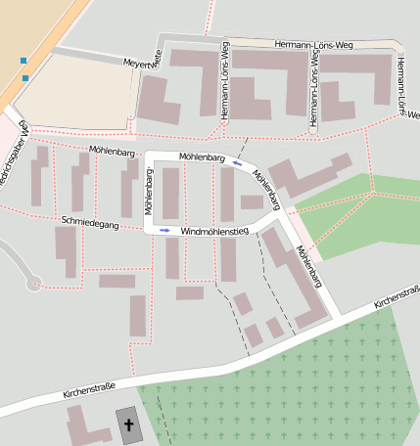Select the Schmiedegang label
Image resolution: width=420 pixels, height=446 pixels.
(x=89, y=223)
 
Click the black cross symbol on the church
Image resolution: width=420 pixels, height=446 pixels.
(x=128, y=424)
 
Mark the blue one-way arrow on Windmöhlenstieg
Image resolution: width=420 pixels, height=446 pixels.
(x=164, y=231)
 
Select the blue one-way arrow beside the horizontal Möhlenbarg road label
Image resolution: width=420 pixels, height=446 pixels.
(x=237, y=163)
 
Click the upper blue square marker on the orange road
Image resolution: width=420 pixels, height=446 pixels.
(x=23, y=61)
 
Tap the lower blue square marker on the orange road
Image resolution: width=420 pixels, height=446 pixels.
(x=25, y=77)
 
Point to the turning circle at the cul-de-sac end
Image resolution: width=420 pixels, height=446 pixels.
(x=34, y=284)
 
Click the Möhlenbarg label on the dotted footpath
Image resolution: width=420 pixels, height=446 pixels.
(x=111, y=152)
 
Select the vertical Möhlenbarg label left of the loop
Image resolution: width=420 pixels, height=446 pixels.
(x=150, y=191)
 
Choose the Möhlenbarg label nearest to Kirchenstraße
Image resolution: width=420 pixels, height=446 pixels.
(x=308, y=265)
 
